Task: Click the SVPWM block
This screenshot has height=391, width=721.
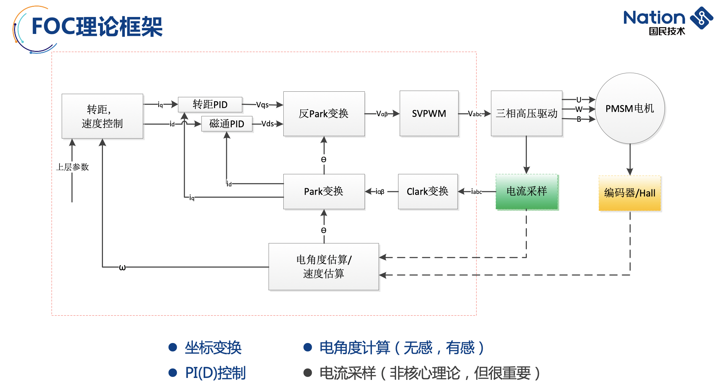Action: (429, 114)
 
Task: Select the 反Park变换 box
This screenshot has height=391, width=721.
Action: (324, 114)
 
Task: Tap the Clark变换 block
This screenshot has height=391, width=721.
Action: (428, 191)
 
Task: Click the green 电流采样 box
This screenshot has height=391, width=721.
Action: (527, 192)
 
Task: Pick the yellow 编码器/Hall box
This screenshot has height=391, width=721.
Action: (629, 193)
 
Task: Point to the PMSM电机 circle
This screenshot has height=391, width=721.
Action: (629, 108)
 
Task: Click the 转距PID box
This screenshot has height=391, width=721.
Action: (210, 104)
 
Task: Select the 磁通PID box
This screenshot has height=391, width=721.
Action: (227, 124)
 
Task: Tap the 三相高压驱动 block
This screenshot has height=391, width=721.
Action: (526, 114)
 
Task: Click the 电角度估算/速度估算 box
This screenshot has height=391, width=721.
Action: (324, 267)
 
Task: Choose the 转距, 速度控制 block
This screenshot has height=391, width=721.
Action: (102, 116)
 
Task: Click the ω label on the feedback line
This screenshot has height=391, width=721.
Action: (122, 268)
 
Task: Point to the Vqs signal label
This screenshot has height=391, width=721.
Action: (262, 105)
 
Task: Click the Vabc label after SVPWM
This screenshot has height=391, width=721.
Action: (475, 114)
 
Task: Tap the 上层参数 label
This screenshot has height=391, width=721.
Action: (73, 167)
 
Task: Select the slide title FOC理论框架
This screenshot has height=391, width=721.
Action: (97, 26)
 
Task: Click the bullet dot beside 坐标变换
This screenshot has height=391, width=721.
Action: (173, 347)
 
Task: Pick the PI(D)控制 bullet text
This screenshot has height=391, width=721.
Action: (215, 373)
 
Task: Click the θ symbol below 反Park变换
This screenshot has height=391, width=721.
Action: (324, 160)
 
